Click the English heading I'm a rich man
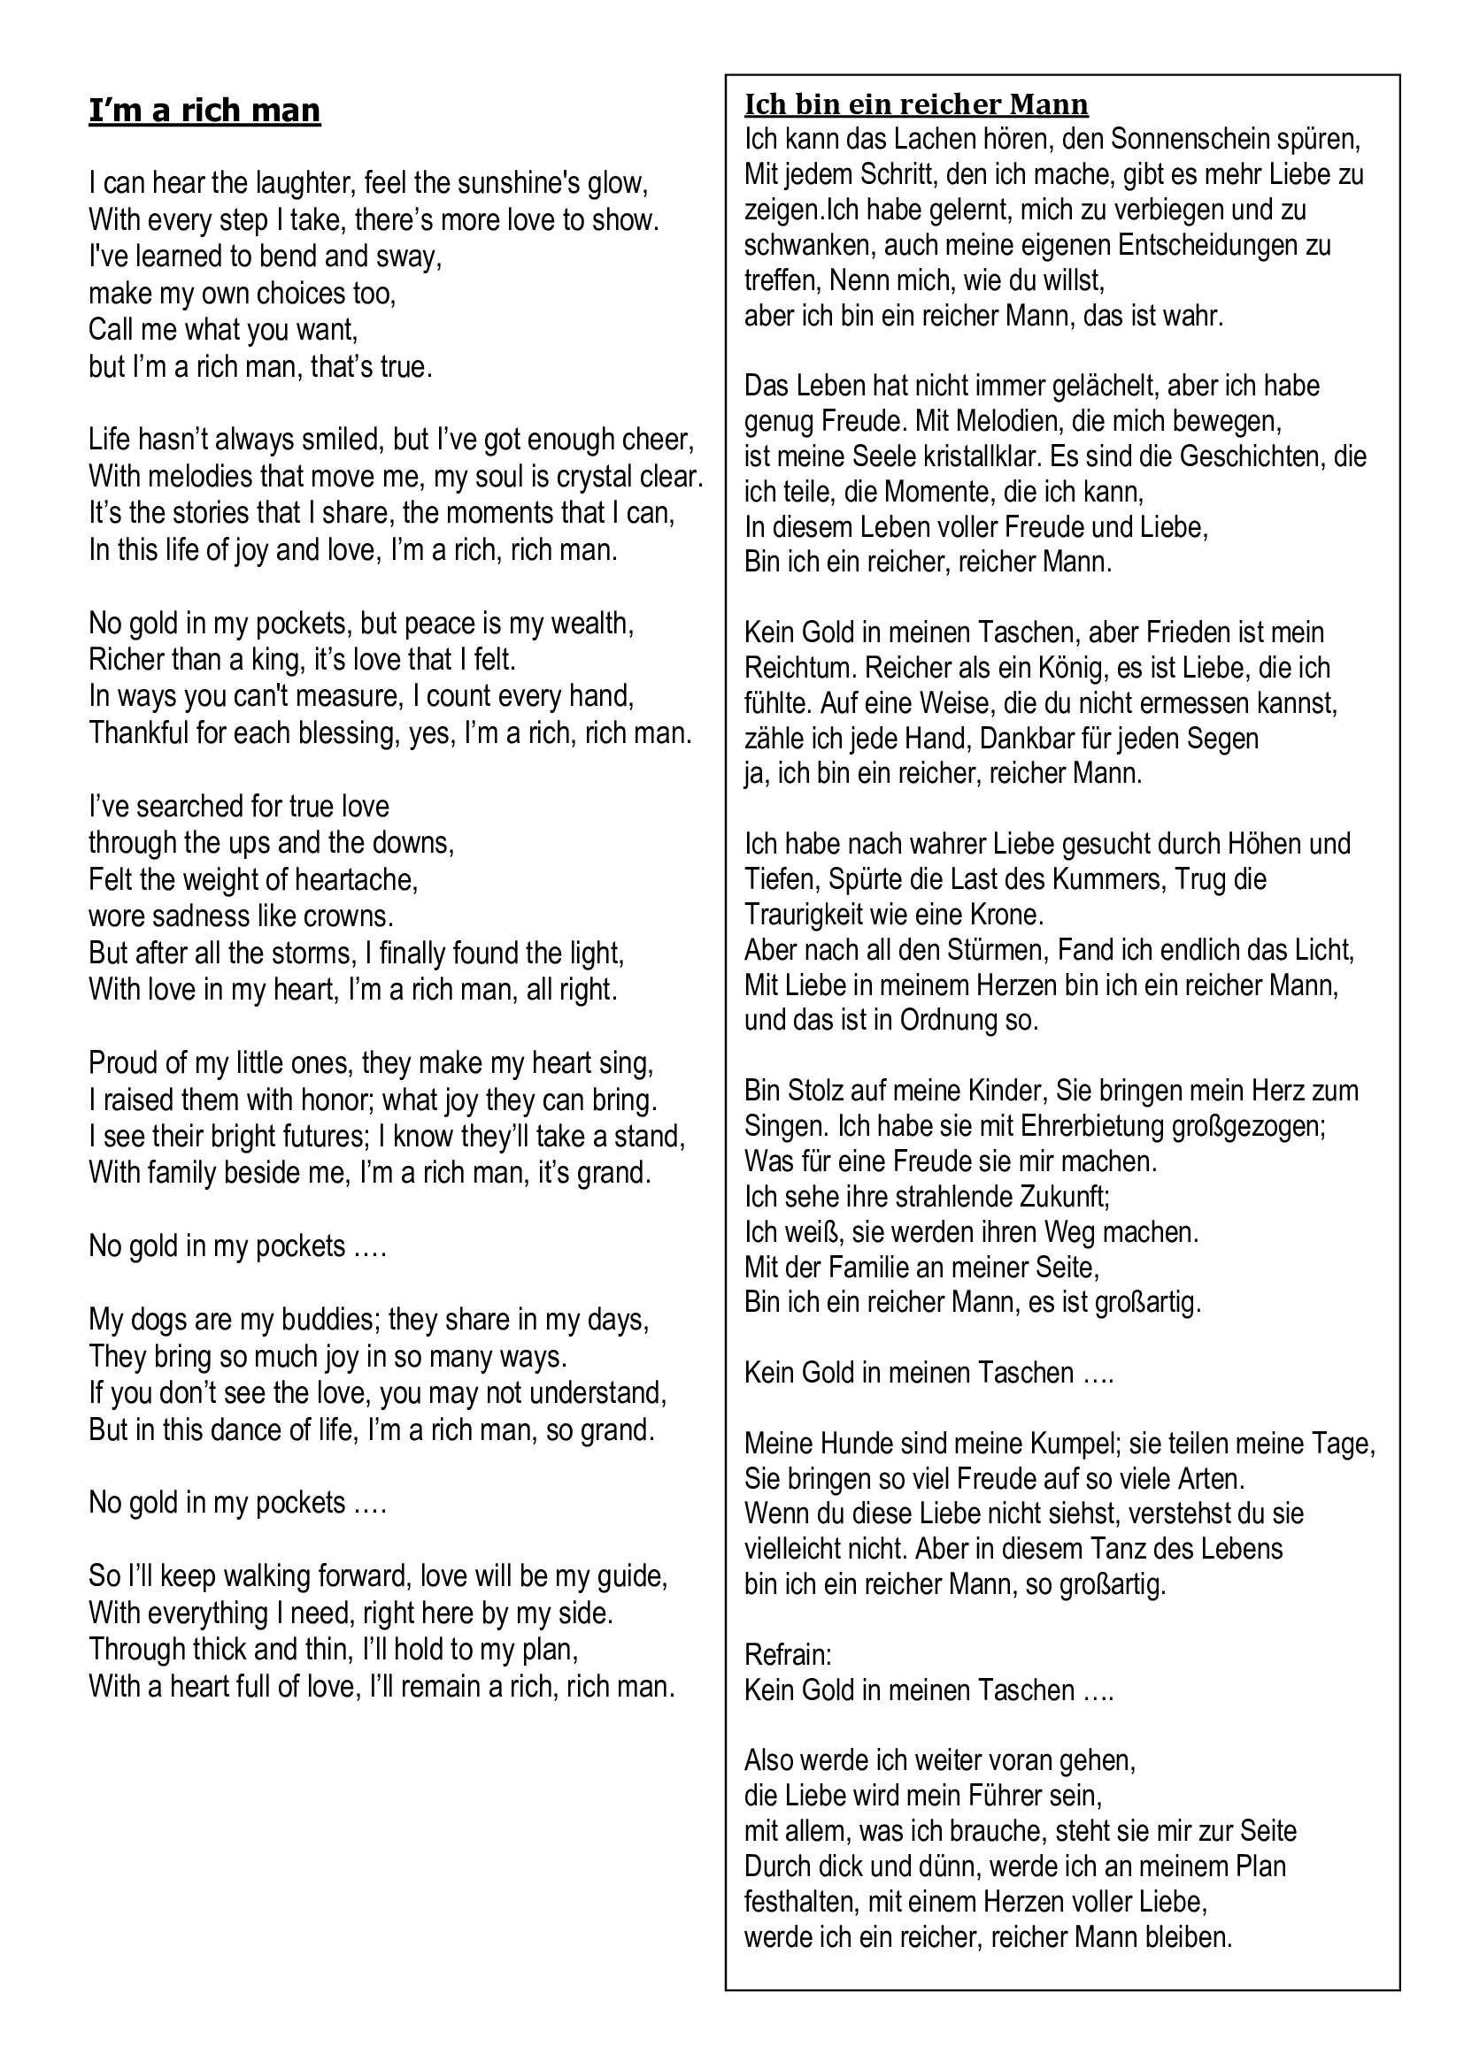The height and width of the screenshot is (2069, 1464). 204,111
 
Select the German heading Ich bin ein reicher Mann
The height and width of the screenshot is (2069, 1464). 916,105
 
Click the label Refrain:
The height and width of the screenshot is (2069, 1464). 788,1655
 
